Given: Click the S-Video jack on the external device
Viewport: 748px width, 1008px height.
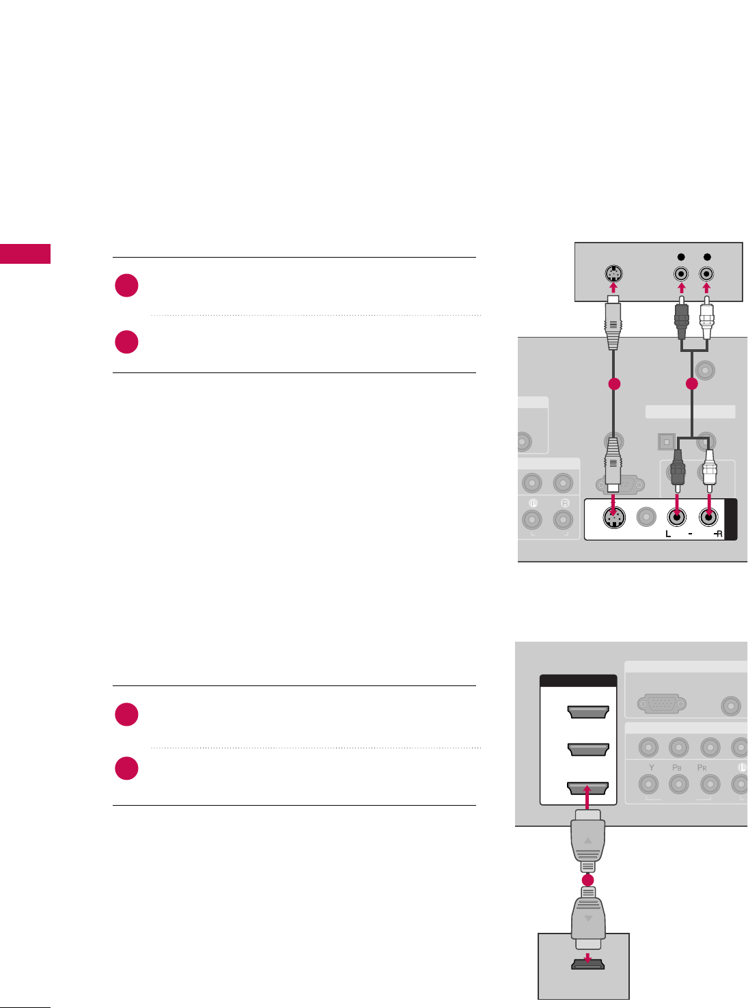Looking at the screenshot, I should click(x=613, y=274).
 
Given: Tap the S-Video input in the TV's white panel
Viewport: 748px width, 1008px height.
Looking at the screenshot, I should click(x=614, y=519).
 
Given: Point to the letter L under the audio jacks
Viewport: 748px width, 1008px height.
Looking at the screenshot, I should click(x=669, y=534).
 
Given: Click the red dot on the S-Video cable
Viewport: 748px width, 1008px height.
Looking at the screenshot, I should click(x=614, y=384).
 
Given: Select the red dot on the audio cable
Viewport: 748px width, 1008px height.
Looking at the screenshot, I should click(x=692, y=384).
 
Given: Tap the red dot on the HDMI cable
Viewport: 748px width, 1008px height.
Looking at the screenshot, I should click(x=588, y=881).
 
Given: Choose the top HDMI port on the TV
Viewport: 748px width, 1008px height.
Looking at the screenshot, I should click(x=587, y=713).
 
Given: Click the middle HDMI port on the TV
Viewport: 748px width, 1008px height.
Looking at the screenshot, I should click(x=587, y=750).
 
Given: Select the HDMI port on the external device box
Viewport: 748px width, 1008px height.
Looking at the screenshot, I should click(x=587, y=965).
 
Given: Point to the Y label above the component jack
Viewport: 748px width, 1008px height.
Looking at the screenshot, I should click(x=651, y=767).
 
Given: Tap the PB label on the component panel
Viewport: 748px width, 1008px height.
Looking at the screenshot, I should click(x=677, y=767).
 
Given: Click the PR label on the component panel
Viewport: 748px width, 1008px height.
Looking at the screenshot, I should click(x=702, y=767).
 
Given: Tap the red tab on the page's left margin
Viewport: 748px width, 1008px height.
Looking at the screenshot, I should click(x=25, y=254).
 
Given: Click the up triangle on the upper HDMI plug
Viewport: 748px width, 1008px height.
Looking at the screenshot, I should click(x=588, y=840).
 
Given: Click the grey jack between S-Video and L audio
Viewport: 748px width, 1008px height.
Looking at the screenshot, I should click(x=646, y=519).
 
